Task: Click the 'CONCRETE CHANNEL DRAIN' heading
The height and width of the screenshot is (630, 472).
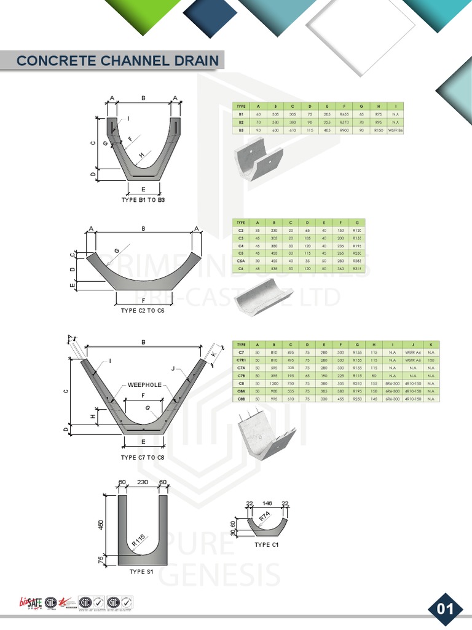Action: pos(117,60)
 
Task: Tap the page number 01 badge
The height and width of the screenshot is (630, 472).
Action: pos(444,608)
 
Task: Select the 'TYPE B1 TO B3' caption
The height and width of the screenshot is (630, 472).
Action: pos(143,201)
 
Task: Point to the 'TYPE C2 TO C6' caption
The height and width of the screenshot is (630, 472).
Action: pos(143,311)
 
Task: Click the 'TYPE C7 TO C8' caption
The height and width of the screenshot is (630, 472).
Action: pos(143,458)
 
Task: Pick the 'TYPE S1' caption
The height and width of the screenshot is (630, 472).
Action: pos(141,572)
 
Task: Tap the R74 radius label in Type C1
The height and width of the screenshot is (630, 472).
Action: pos(265,518)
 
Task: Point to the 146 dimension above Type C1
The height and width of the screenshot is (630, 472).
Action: pos(267,502)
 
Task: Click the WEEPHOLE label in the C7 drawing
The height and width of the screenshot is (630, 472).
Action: pos(144,385)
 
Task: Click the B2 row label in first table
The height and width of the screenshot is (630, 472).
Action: pos(242,122)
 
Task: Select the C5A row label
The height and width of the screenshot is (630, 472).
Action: pos(242,261)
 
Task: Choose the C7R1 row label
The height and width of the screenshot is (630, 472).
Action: pos(242,359)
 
